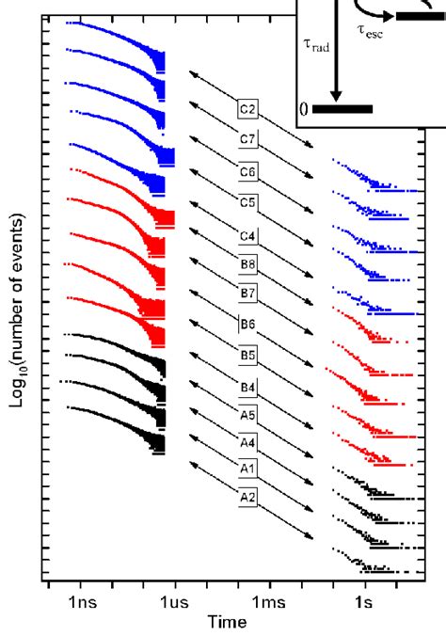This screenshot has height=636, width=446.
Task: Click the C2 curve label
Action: pyautogui.click(x=248, y=109)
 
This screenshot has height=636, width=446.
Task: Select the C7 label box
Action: pyautogui.click(x=248, y=140)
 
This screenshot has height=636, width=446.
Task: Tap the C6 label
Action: pyautogui.click(x=248, y=171)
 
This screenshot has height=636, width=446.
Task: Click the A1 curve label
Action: pyautogui.click(x=248, y=467)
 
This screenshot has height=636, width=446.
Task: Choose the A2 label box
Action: pyautogui.click(x=248, y=496)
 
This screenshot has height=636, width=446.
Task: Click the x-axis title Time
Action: pyautogui.click(x=229, y=621)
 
